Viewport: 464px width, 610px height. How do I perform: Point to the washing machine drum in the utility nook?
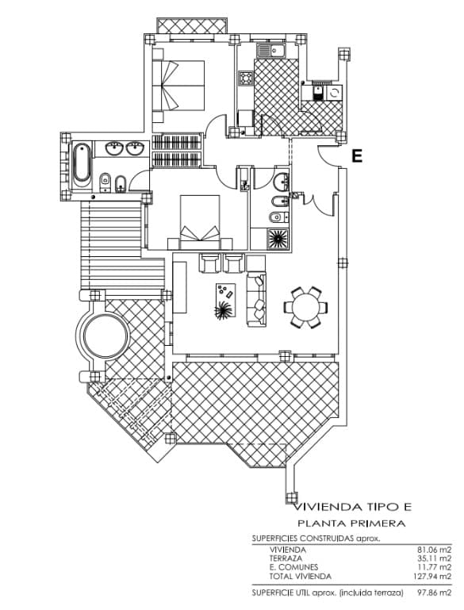coord(334,93)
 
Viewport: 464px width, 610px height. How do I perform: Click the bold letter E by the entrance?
coord(357,156)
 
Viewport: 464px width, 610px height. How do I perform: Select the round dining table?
coord(305,306)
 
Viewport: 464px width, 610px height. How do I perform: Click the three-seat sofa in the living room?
coord(257,299)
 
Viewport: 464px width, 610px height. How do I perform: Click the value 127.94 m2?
coord(432,576)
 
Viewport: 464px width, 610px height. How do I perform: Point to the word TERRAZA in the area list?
coord(286,558)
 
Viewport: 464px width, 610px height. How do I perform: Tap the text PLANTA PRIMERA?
coord(351,524)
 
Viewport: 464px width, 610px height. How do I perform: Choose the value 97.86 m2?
coord(432,593)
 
